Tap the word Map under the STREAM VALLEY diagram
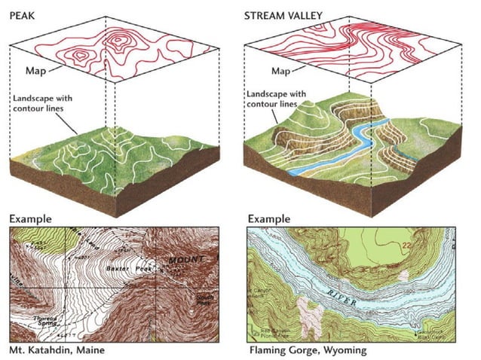(x=280, y=72)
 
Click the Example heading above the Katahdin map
(x=31, y=219)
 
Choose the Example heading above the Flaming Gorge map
(x=268, y=219)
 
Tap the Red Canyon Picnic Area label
(x=267, y=332)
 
